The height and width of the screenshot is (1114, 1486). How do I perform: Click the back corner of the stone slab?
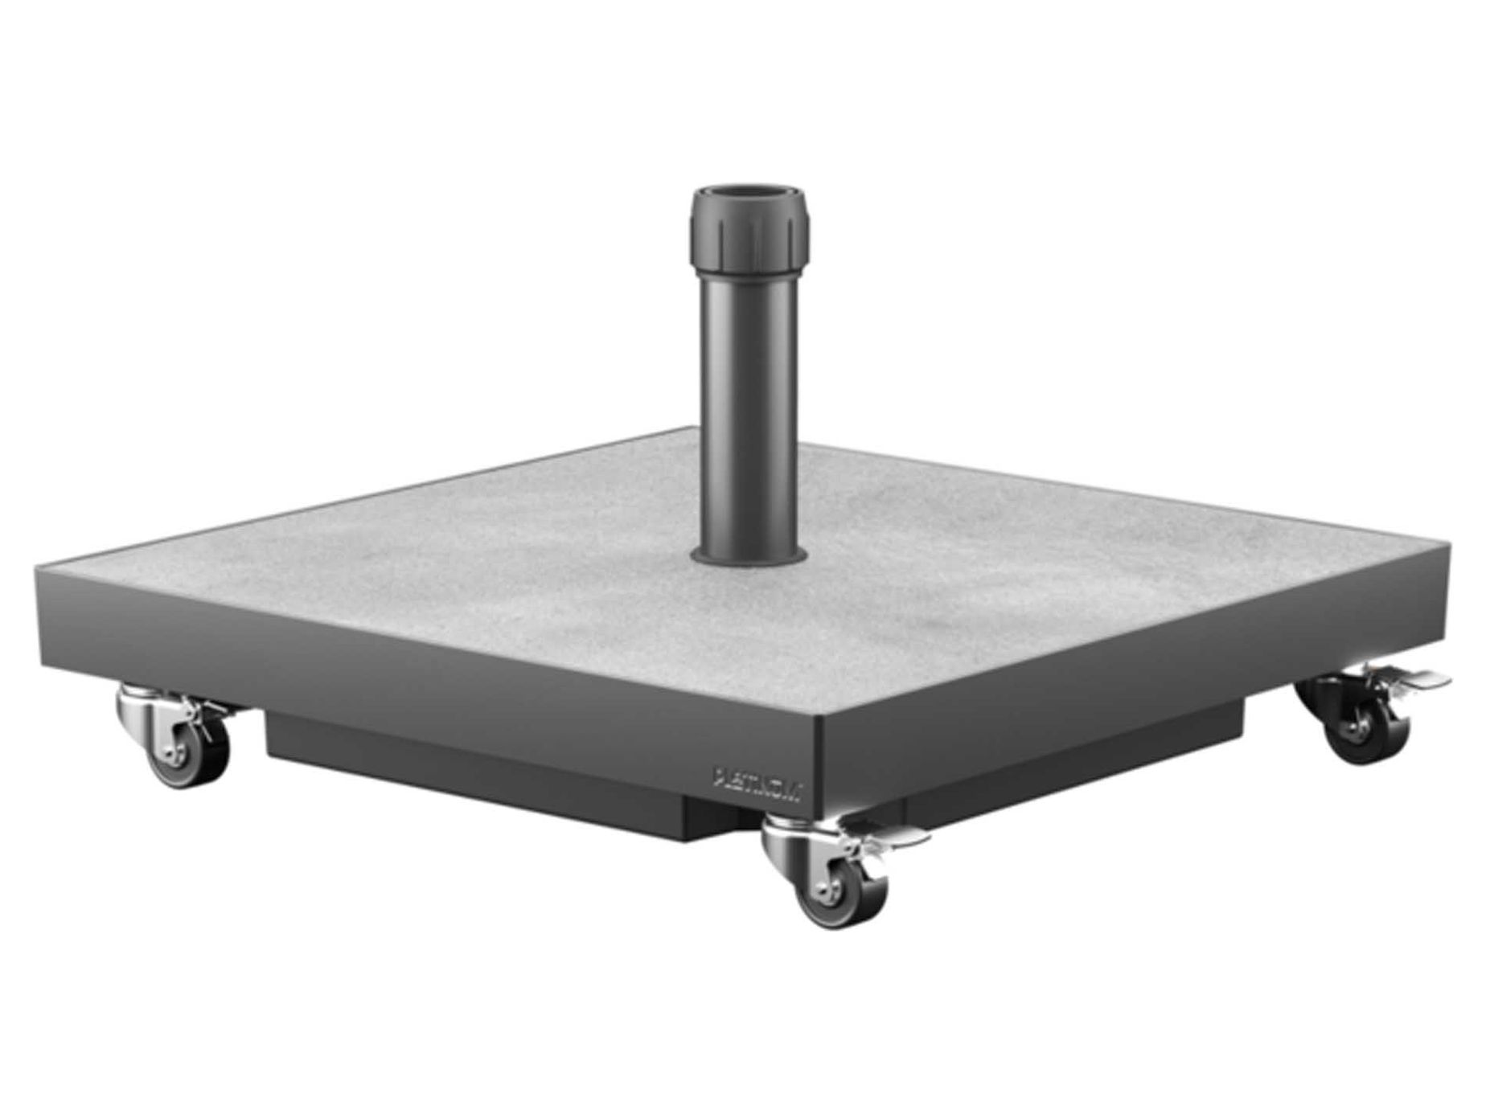[692, 428]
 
